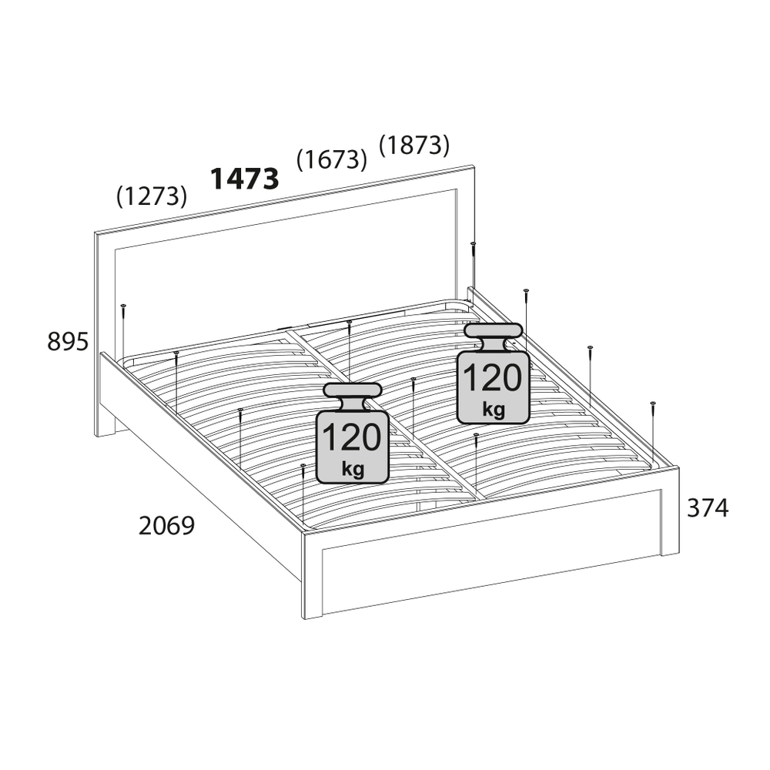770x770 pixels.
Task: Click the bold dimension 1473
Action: pyautogui.click(x=245, y=179)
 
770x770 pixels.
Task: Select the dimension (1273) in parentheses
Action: pyautogui.click(x=152, y=196)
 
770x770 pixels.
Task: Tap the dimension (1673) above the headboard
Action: pyautogui.click(x=332, y=159)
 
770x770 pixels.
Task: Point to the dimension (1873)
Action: pyautogui.click(x=414, y=146)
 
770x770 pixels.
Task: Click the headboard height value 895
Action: pyautogui.click(x=68, y=341)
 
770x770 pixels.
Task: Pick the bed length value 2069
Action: pyautogui.click(x=167, y=526)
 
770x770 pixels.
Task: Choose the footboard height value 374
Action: pyautogui.click(x=708, y=508)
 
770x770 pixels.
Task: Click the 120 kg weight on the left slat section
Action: pyautogui.click(x=353, y=433)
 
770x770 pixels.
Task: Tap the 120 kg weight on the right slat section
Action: pyautogui.click(x=493, y=373)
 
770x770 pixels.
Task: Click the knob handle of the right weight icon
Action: pyautogui.click(x=493, y=331)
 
